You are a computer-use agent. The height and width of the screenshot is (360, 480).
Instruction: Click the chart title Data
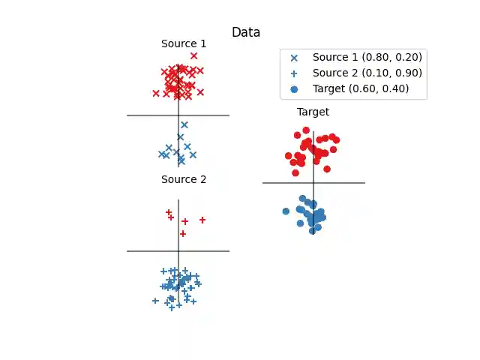click(x=246, y=32)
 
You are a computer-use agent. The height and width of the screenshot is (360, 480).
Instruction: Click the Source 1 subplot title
click(x=184, y=43)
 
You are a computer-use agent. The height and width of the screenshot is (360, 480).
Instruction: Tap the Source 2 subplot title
click(x=184, y=179)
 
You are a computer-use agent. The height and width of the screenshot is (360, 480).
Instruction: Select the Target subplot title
click(x=313, y=112)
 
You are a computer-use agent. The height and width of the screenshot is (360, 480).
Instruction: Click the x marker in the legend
click(x=294, y=57)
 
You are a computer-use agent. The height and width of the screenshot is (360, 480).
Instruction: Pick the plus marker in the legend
click(x=294, y=73)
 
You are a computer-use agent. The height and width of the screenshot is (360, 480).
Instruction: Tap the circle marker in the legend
click(x=294, y=88)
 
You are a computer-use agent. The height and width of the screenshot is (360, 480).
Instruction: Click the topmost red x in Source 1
click(x=194, y=55)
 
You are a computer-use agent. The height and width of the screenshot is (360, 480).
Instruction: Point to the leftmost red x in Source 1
click(x=156, y=93)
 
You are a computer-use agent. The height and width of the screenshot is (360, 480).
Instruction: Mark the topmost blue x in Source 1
click(x=184, y=124)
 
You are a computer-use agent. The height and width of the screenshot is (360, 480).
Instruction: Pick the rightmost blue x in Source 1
click(x=193, y=154)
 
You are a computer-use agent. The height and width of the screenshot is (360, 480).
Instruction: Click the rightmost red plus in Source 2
click(x=202, y=220)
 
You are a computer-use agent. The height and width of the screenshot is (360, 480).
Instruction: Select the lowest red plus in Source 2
click(x=183, y=234)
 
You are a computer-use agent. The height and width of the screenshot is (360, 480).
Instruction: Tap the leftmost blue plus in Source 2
click(x=155, y=301)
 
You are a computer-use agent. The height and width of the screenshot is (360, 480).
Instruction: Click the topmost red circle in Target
click(x=306, y=130)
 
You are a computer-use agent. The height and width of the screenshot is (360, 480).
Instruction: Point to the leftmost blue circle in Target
click(x=286, y=211)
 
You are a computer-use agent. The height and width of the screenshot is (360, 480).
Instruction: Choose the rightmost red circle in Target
click(x=336, y=139)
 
